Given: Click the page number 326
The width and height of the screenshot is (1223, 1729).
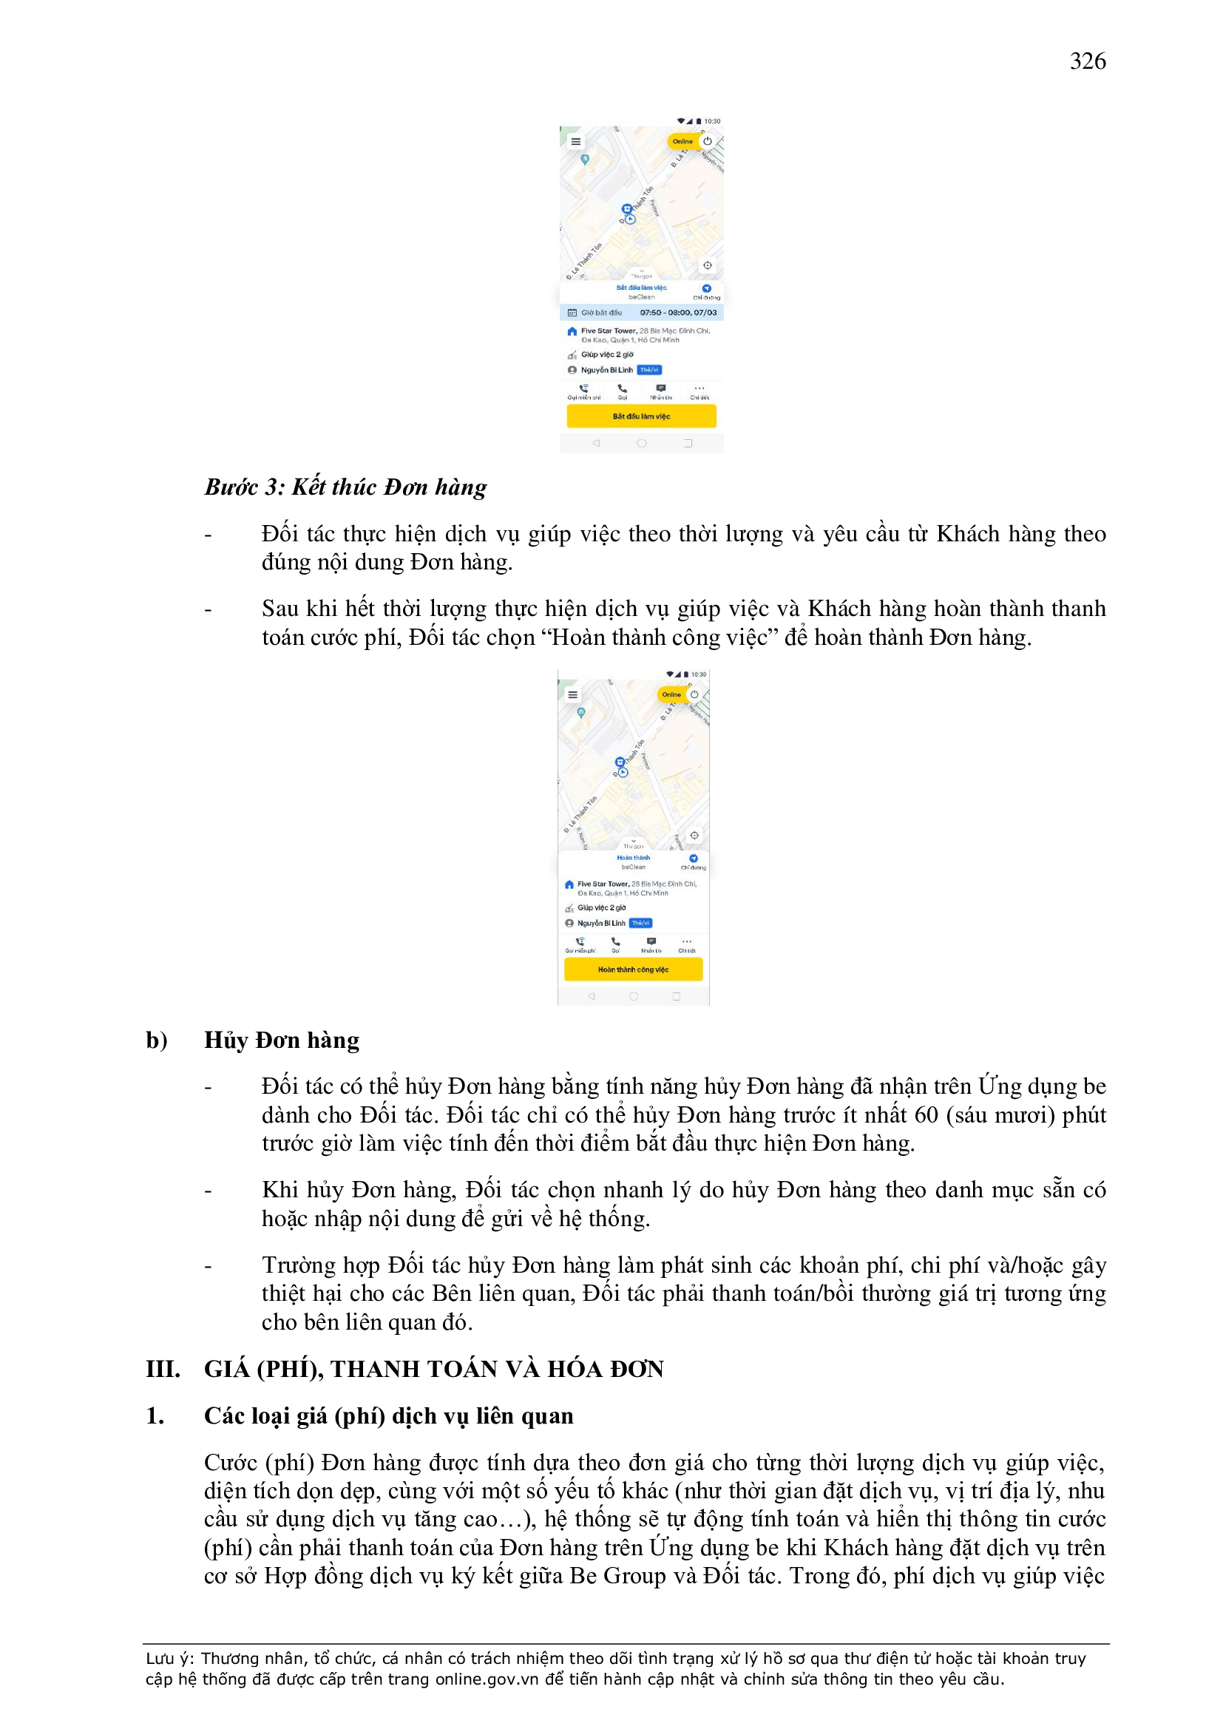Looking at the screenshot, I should pyautogui.click(x=1088, y=61).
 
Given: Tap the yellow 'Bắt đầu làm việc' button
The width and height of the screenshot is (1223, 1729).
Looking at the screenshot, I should pyautogui.click(x=641, y=416).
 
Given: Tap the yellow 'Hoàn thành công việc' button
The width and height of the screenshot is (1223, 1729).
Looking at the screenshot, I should pyautogui.click(x=633, y=970).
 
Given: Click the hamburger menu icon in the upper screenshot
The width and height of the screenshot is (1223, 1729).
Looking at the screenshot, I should pyautogui.click(x=576, y=141).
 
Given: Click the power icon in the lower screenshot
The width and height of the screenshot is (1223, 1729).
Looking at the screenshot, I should pyautogui.click(x=694, y=694).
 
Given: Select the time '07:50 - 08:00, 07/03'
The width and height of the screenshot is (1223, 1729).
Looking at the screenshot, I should pyautogui.click(x=678, y=313).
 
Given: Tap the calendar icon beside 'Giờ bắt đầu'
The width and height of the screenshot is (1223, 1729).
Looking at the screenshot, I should pyautogui.click(x=572, y=313).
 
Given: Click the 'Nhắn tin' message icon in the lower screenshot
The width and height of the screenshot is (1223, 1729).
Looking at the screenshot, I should pyautogui.click(x=651, y=941).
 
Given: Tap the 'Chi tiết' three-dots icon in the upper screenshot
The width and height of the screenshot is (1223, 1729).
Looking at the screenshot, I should pyautogui.click(x=699, y=388).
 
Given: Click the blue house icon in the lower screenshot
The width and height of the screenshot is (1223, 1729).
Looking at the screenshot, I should pyautogui.click(x=569, y=884).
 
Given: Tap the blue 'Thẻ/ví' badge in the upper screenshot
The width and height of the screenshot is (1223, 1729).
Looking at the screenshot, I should pyautogui.click(x=649, y=370).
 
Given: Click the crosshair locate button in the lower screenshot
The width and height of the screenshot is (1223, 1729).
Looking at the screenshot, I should pyautogui.click(x=694, y=835).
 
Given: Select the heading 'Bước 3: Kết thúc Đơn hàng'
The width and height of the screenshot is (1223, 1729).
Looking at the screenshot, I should pyautogui.click(x=345, y=487).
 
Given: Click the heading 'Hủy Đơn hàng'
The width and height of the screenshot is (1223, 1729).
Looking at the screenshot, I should pyautogui.click(x=282, y=1040).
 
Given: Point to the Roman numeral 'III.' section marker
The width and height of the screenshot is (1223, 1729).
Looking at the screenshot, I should pyautogui.click(x=163, y=1369).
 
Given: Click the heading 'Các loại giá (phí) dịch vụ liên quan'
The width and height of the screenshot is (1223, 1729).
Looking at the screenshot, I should pyautogui.click(x=389, y=1415).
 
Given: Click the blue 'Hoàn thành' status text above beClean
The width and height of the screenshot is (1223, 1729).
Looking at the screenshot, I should pyautogui.click(x=634, y=858).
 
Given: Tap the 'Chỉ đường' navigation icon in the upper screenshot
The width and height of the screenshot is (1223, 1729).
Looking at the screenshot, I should pyautogui.click(x=706, y=288).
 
